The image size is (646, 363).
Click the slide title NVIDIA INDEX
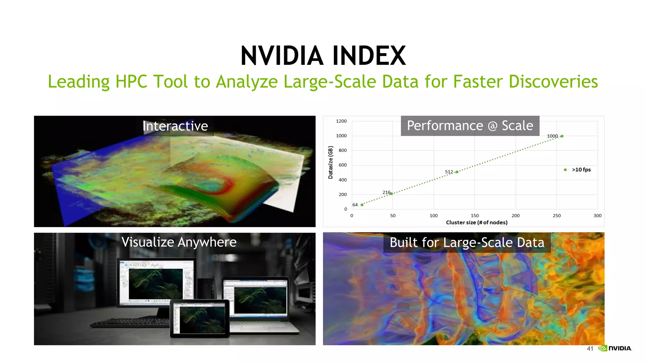pos(323,56)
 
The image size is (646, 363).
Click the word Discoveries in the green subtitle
pos(553,82)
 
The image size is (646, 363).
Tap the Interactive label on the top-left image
pos(175,126)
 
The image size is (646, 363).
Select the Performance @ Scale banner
pos(470,126)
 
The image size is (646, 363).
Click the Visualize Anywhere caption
pos(179,242)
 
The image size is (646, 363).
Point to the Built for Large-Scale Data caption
pos(467,243)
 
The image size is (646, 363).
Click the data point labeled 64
pos(362,205)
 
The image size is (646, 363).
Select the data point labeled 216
pos(391,194)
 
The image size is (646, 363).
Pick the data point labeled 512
pos(457,172)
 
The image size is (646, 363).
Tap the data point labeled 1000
pos(562,136)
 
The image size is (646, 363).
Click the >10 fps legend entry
pos(578,170)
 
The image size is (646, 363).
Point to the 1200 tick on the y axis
pos(341,121)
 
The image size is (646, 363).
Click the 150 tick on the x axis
pos(475,216)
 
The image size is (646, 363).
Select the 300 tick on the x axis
pos(597,216)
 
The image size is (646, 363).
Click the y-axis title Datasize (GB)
pos(331,163)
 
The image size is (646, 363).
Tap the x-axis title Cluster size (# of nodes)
pos(477,222)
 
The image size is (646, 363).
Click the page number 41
pos(590,349)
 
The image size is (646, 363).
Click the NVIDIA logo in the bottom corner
pos(615,348)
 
